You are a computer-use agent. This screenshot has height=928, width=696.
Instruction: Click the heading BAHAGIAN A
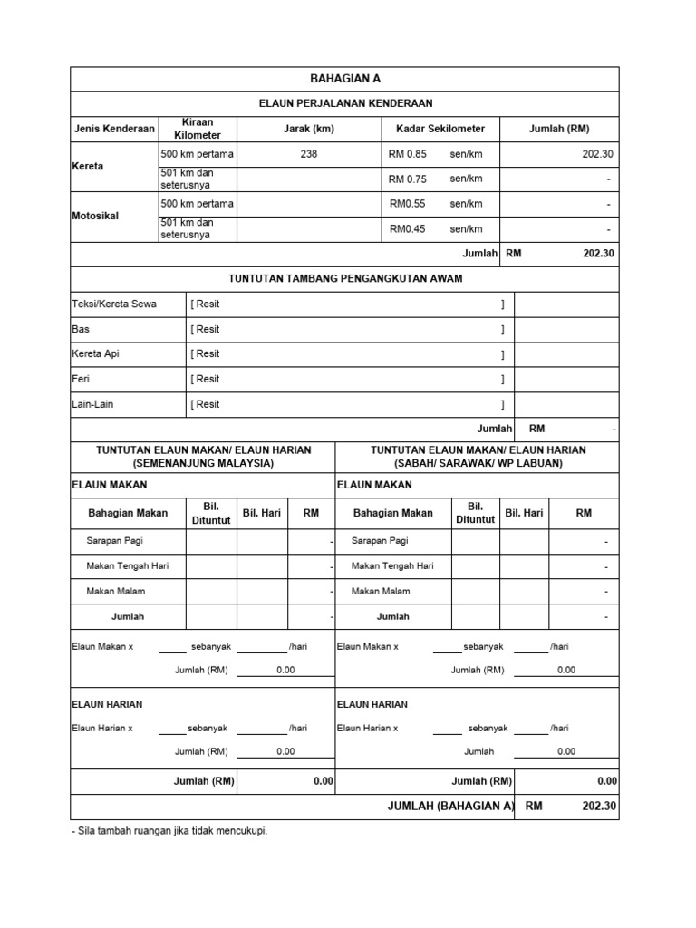pos(344,79)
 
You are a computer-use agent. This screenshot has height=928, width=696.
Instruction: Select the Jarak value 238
pos(309,154)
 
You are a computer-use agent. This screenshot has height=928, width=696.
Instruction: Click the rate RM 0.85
pos(407,154)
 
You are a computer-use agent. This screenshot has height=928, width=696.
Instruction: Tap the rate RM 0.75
pos(407,179)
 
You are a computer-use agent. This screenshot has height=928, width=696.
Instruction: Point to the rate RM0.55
pos(407,204)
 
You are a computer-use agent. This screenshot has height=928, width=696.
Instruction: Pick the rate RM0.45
pos(407,229)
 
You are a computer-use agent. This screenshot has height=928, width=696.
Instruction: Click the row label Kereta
pos(88,167)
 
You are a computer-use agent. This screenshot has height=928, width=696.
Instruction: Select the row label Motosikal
pos(95,217)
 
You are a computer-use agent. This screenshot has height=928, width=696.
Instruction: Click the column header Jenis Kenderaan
pos(114,129)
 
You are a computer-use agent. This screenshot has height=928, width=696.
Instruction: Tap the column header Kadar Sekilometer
pos(440,129)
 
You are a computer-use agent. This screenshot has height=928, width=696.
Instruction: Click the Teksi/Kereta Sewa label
pos(114,304)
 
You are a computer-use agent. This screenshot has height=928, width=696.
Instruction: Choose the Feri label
pos(81,380)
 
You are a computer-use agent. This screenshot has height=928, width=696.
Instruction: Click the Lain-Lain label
pos(92,404)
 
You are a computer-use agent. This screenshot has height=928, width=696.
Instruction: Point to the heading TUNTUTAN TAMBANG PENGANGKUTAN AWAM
pos(344,279)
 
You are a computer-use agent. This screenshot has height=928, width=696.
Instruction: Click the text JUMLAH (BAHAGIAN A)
pos(450,807)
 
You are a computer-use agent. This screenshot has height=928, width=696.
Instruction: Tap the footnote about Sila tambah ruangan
pos(169,830)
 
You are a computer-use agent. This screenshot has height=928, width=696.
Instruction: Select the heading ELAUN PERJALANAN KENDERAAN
pos(344,103)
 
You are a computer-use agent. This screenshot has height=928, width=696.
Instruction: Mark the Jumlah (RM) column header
pos(559,129)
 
